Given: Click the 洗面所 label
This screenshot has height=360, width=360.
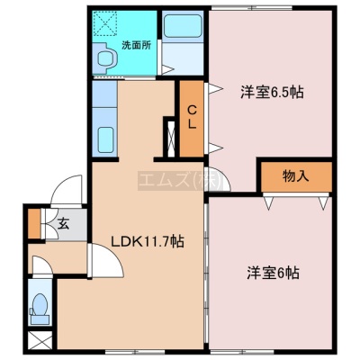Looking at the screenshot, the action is tap(136, 45).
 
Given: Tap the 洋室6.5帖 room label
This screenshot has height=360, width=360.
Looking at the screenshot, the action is tap(272, 92).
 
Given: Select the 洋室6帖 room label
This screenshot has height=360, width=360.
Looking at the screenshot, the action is tap(273, 273).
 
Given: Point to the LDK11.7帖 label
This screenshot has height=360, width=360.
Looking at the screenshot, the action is tap(148, 241).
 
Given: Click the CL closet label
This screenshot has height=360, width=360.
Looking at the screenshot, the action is tap(192, 118).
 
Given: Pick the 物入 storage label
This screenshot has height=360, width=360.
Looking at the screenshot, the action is tap(295, 176).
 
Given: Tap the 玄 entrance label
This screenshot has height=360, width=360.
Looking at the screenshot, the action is tap(63, 223).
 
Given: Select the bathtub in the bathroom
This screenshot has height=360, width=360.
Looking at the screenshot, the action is tap(183, 26).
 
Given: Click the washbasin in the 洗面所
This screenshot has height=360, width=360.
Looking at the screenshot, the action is tap(104, 58).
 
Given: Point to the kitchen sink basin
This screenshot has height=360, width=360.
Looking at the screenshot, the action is tap(105, 139).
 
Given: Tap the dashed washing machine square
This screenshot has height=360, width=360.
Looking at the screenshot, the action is tap(104, 22).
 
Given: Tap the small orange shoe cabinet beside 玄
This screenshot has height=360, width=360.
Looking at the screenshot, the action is tap(34, 223).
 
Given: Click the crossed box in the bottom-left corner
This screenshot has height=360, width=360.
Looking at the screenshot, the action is tap(40, 340).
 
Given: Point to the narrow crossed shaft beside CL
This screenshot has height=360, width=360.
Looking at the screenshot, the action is tap(171, 139).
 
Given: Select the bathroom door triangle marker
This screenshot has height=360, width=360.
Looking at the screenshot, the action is tap(166, 69).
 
